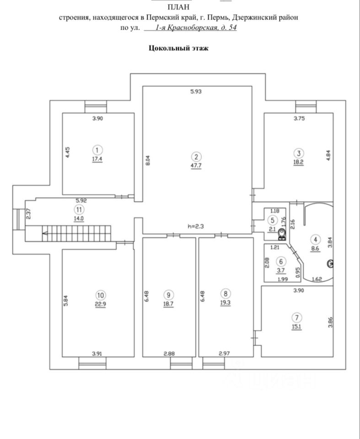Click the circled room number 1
point(97,149)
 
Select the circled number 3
point(298,153)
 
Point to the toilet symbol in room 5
point(281,235)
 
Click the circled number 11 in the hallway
point(80,210)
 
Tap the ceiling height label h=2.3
point(196,226)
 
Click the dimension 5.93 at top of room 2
point(196,91)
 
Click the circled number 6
point(281,262)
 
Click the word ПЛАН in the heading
point(180,7)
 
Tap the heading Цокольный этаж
point(179,48)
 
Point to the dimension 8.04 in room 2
point(147,161)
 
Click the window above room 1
point(97,107)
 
